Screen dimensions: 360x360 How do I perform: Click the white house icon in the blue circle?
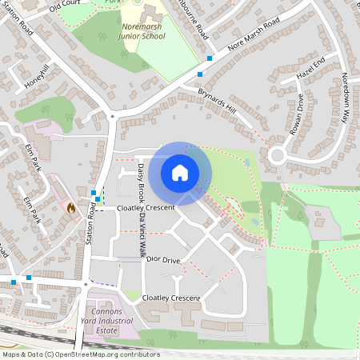[180, 173]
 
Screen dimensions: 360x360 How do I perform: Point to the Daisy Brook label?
[141, 182]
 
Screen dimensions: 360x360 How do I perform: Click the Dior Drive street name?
[163, 261]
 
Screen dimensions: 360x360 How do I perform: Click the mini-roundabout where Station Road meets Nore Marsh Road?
[113, 116]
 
